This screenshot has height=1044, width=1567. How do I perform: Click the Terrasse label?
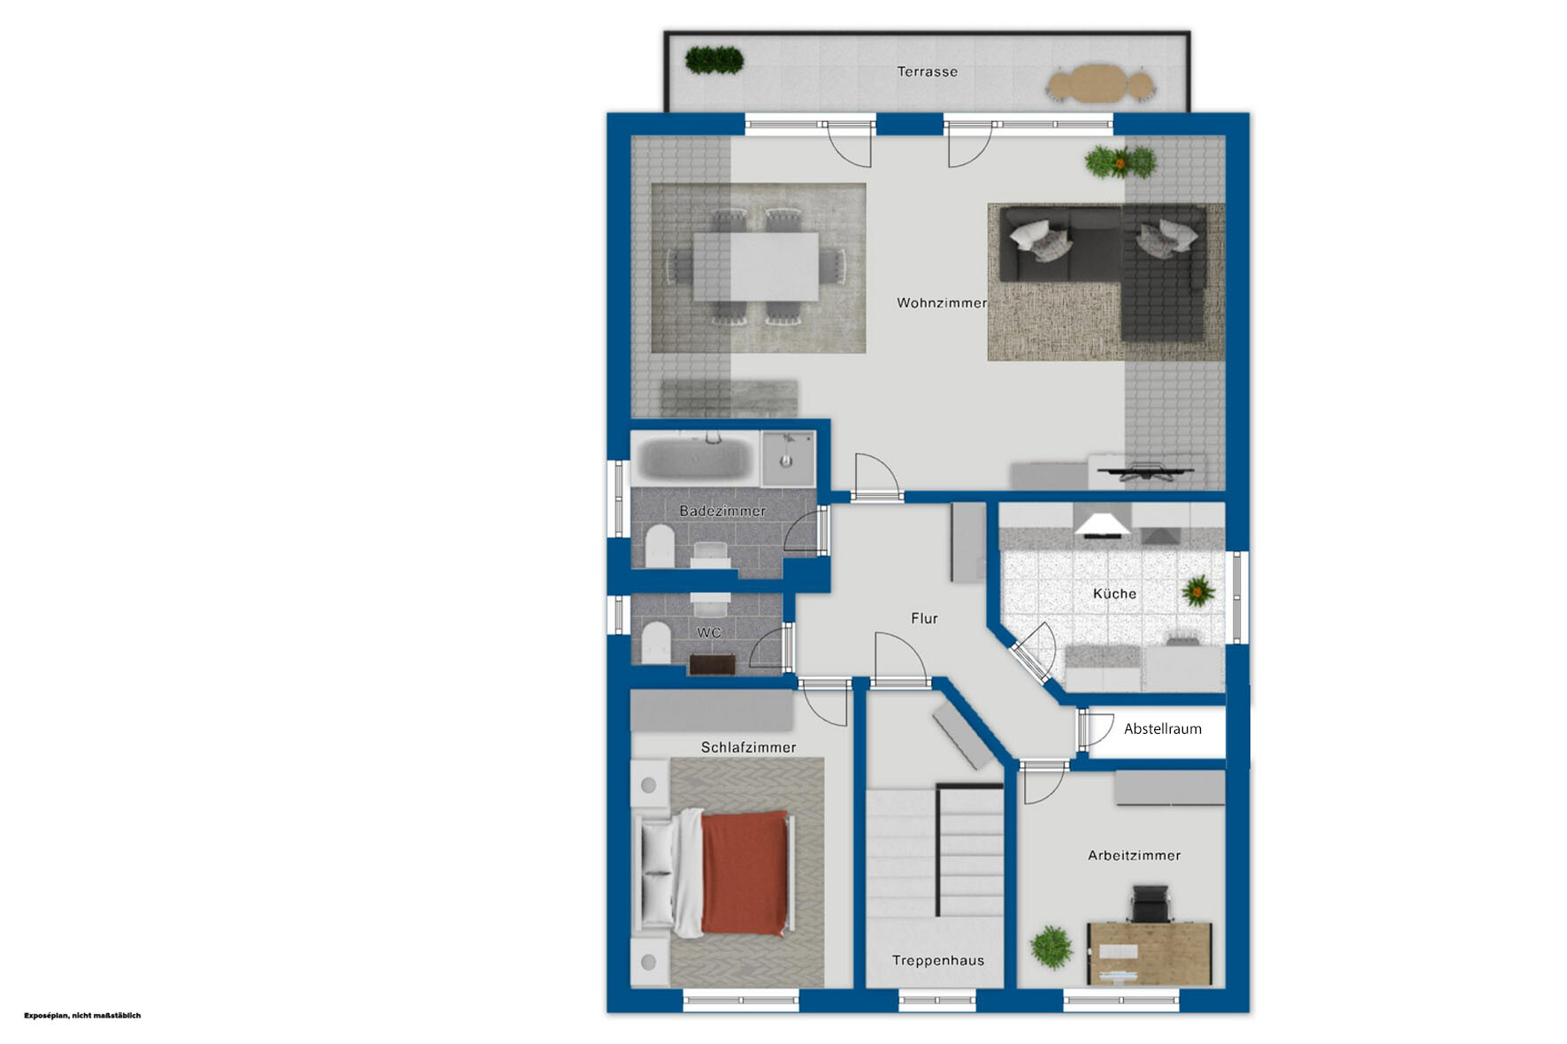927,72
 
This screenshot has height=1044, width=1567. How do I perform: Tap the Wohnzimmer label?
942,302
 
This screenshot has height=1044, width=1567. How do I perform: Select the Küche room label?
1114,593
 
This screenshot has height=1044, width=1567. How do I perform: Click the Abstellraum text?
1162,728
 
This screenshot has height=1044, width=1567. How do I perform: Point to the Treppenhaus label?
937,960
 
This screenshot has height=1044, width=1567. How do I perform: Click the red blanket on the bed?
744,873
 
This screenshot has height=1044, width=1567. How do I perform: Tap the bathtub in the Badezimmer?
695,458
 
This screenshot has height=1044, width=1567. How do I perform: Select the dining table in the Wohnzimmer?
756,266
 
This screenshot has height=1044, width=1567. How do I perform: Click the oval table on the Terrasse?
1101,85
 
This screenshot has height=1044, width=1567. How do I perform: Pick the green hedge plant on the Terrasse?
714,60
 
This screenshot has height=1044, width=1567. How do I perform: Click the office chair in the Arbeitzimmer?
1150,904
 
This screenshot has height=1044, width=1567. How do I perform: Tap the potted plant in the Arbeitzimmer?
1051,947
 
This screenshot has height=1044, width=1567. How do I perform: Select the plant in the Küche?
1198,590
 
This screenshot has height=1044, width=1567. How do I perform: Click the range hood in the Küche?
1102,525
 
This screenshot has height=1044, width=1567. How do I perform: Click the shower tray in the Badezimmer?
787,458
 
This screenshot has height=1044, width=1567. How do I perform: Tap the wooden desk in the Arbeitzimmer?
1149,953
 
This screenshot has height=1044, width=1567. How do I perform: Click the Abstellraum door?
1094,730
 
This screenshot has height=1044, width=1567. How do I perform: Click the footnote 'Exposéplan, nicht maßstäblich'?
82,1016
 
